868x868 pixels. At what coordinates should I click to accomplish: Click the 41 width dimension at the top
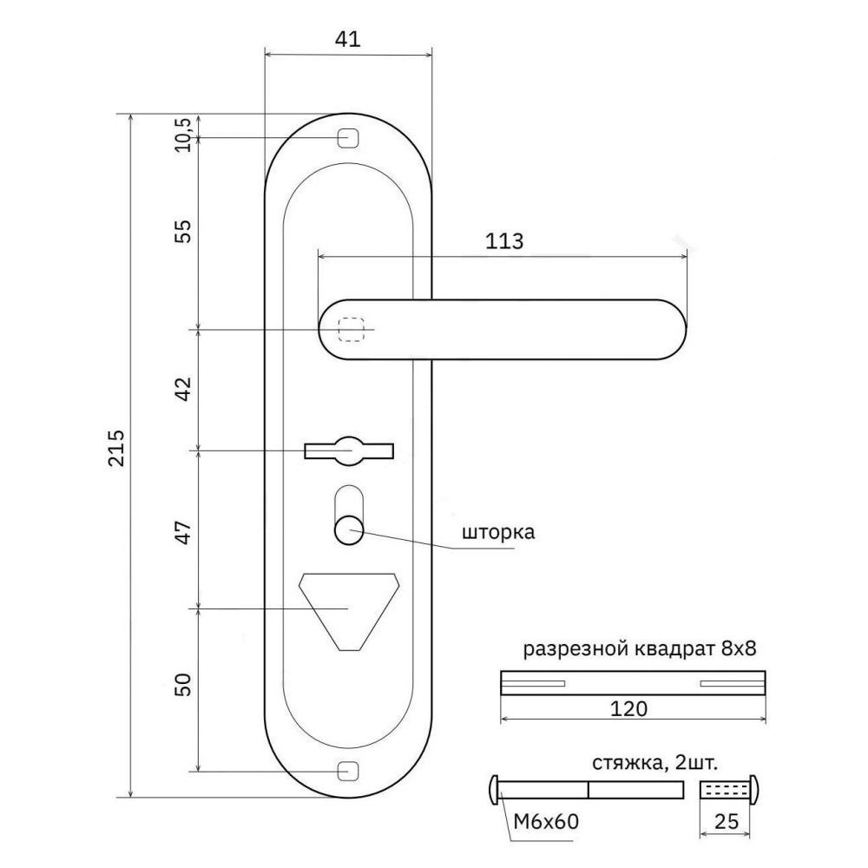coord(348,39)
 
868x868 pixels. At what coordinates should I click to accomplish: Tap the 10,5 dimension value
coord(182,135)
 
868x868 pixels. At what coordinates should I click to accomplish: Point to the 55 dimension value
coord(182,232)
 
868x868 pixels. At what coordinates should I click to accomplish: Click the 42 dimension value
coord(182,389)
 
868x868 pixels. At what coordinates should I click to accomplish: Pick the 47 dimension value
coord(182,532)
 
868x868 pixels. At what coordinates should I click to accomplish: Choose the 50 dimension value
coord(182,684)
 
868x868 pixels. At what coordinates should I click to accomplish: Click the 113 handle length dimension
coord(504,241)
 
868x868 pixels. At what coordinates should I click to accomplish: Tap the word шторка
coord(498,532)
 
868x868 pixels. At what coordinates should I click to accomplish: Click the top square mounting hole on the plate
coord(348,137)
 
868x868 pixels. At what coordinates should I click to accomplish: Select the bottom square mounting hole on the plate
coord(348,771)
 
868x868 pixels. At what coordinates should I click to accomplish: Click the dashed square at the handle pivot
coord(352,329)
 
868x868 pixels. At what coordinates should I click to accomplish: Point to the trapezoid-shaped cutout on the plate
coord(348,610)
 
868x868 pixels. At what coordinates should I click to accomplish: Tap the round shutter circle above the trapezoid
coord(348,529)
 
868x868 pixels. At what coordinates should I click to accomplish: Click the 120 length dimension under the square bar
coord(628,708)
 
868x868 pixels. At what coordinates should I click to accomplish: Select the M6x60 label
coord(546,822)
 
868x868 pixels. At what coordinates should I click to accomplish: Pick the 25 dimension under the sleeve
coord(727,822)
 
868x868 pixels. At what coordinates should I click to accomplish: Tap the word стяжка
coord(628,764)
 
